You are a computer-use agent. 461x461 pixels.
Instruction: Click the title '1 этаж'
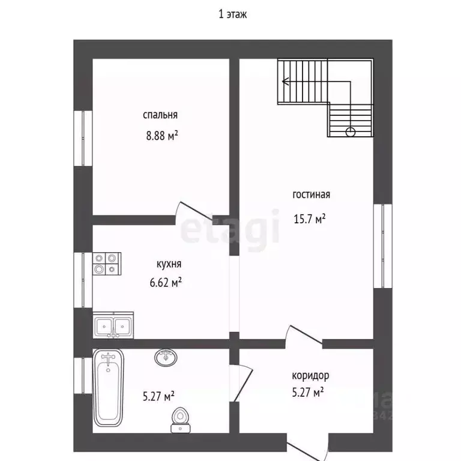(x=232, y=14)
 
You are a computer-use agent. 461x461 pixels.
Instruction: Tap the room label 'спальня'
(x=160, y=115)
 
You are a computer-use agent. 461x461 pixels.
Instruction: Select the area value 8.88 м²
(x=162, y=136)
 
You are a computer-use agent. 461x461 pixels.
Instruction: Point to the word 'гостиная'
(x=312, y=194)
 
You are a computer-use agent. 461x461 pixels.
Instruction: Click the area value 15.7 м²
(x=310, y=218)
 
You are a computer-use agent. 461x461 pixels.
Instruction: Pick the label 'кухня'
(x=169, y=264)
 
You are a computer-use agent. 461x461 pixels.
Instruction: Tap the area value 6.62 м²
(x=166, y=283)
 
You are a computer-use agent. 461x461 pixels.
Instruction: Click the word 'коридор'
(x=310, y=376)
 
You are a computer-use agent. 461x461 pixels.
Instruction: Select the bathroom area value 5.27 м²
(x=158, y=396)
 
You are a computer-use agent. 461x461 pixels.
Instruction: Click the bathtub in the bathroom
(x=108, y=388)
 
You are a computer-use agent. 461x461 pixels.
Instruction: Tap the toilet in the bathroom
(x=180, y=420)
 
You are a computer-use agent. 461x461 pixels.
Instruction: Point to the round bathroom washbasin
(x=166, y=358)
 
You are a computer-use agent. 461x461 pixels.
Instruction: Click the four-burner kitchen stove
(x=107, y=264)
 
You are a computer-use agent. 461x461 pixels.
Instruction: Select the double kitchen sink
(x=113, y=325)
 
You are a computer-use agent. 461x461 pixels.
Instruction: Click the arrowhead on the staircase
(x=285, y=81)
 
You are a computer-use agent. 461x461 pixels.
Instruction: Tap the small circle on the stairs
(x=351, y=132)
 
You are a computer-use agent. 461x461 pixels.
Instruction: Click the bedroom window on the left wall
(x=83, y=138)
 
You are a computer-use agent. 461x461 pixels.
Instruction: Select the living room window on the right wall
(x=383, y=246)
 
